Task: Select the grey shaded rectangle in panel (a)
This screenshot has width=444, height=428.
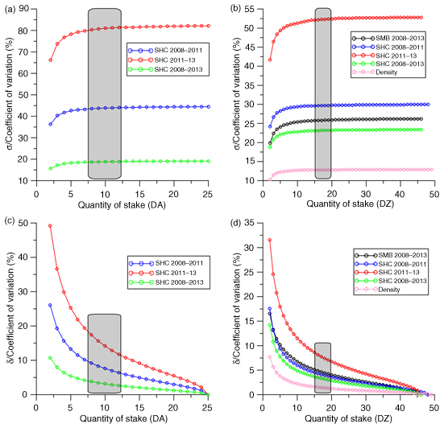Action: point(105,94)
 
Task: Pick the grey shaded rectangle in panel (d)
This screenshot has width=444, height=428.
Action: point(322,368)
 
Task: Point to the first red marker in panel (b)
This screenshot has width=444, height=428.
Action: point(270,60)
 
